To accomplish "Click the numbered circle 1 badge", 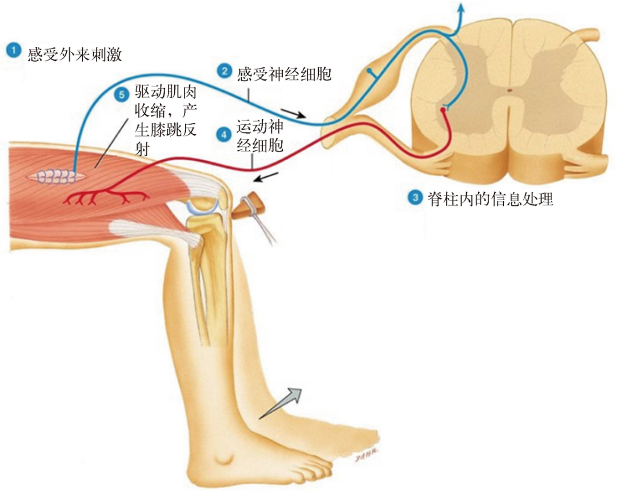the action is pyautogui.click(x=12, y=50).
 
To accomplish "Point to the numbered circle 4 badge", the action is pyautogui.click(x=223, y=134).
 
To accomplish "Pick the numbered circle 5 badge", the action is pyautogui.click(x=121, y=94).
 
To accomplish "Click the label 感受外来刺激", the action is pyautogui.click(x=74, y=55).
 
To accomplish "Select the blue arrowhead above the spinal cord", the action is pyautogui.click(x=462, y=7).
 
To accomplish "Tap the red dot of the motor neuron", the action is pyautogui.click(x=442, y=110).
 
